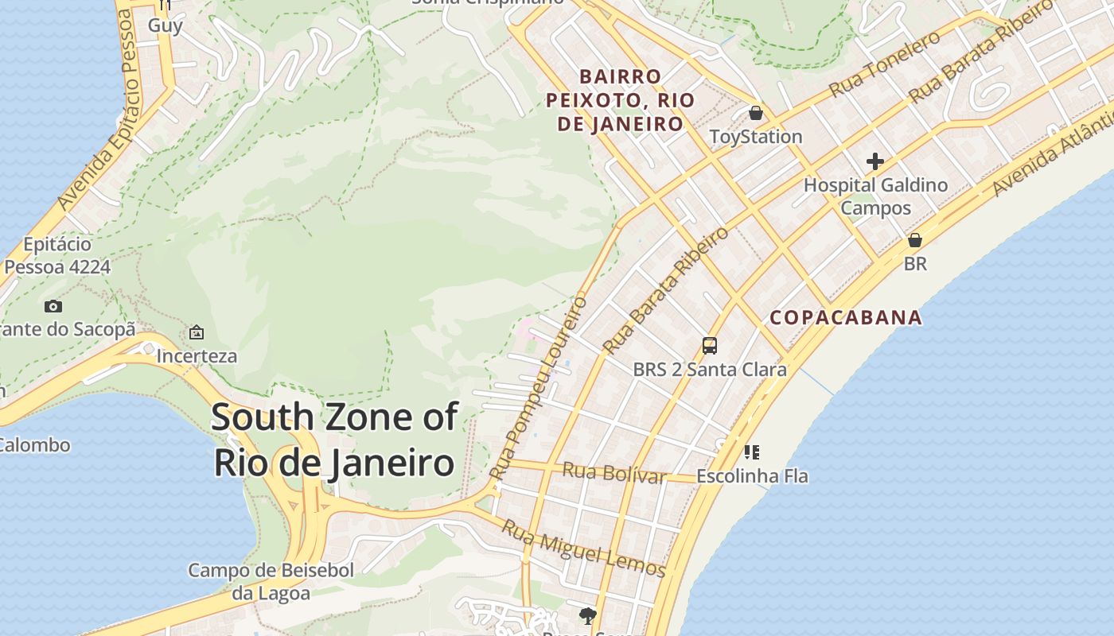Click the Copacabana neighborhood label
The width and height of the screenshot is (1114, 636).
pyautogui.click(x=846, y=318)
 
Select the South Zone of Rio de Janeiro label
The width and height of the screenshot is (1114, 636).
pyautogui.click(x=334, y=440)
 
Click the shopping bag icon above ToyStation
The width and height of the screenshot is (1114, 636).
pyautogui.click(x=755, y=113)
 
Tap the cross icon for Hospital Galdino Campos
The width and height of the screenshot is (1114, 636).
pyautogui.click(x=875, y=162)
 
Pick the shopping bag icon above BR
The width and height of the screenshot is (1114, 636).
pyautogui.click(x=915, y=240)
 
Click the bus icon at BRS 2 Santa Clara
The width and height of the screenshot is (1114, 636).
pyautogui.click(x=709, y=346)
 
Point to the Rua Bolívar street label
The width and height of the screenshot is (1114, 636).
pyautogui.click(x=613, y=473)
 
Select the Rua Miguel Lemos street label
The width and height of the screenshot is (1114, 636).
pyautogui.click(x=583, y=549)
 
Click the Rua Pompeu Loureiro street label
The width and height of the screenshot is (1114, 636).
pyautogui.click(x=539, y=388)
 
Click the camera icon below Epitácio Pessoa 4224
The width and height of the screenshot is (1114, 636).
pyautogui.click(x=53, y=307)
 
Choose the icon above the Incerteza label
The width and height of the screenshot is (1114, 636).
pyautogui.click(x=197, y=332)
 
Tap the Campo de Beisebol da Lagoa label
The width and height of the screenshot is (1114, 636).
pyautogui.click(x=271, y=581)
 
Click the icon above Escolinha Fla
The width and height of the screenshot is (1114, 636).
pyautogui.click(x=751, y=452)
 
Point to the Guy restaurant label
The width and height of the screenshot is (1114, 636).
pyautogui.click(x=166, y=25)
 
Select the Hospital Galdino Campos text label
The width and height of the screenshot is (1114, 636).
pyautogui.click(x=875, y=196)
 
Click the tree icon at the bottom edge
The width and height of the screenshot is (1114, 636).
pyautogui.click(x=588, y=615)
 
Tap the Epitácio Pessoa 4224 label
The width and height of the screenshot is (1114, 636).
pyautogui.click(x=57, y=255)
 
